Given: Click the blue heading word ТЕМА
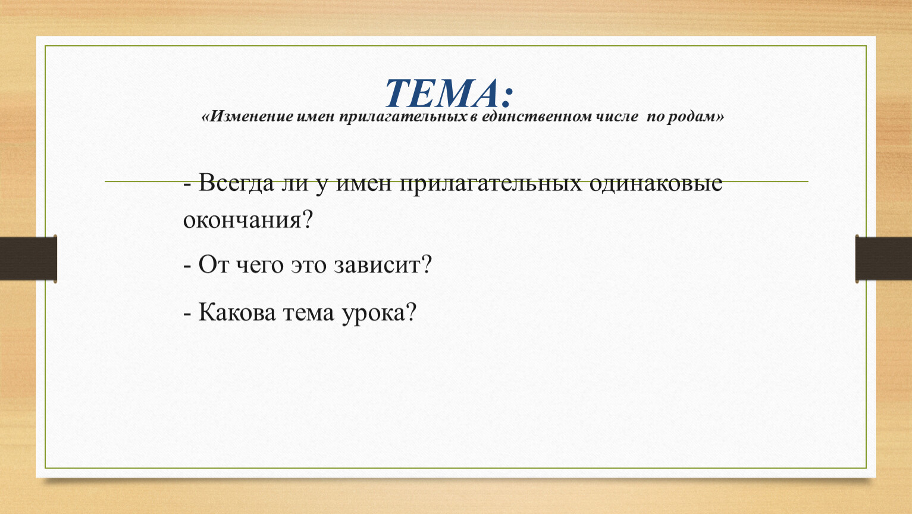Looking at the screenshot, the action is [x=442, y=93].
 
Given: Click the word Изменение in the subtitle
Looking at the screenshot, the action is [x=252, y=117].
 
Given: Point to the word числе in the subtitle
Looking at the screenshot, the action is [x=618, y=117].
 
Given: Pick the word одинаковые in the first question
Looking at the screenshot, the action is [x=656, y=182].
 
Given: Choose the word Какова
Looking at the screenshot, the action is [x=237, y=313].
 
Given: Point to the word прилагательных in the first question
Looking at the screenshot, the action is [x=491, y=183].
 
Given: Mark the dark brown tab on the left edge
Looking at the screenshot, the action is [x=29, y=259].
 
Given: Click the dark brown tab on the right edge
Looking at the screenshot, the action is [x=883, y=259].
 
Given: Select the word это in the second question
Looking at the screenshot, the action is [x=309, y=265].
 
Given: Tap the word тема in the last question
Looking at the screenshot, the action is [x=309, y=313].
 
